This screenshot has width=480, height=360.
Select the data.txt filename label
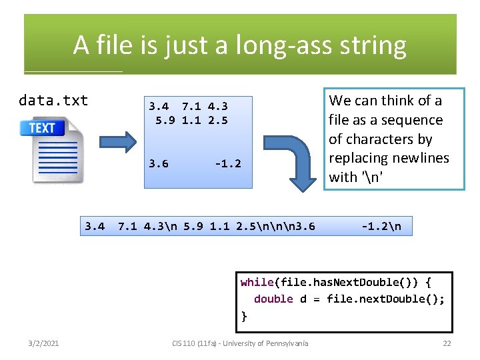pos(53,101)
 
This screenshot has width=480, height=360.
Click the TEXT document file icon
pos(53,149)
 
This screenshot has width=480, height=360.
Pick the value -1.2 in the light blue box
pos(227,164)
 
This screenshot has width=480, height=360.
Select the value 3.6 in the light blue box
pos(159,164)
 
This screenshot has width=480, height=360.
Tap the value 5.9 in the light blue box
pos(165,121)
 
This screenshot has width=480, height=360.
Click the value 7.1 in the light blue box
pos(191,106)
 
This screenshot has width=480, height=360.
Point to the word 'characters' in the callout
pos(390,139)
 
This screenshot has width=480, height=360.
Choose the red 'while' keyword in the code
pos(257,282)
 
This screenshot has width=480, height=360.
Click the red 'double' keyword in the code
pos(273,299)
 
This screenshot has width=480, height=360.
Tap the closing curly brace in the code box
pos(245,316)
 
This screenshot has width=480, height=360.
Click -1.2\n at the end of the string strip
pos(381,226)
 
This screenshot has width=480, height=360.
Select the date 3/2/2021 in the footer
pos(43,343)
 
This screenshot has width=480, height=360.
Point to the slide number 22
pos(447,343)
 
